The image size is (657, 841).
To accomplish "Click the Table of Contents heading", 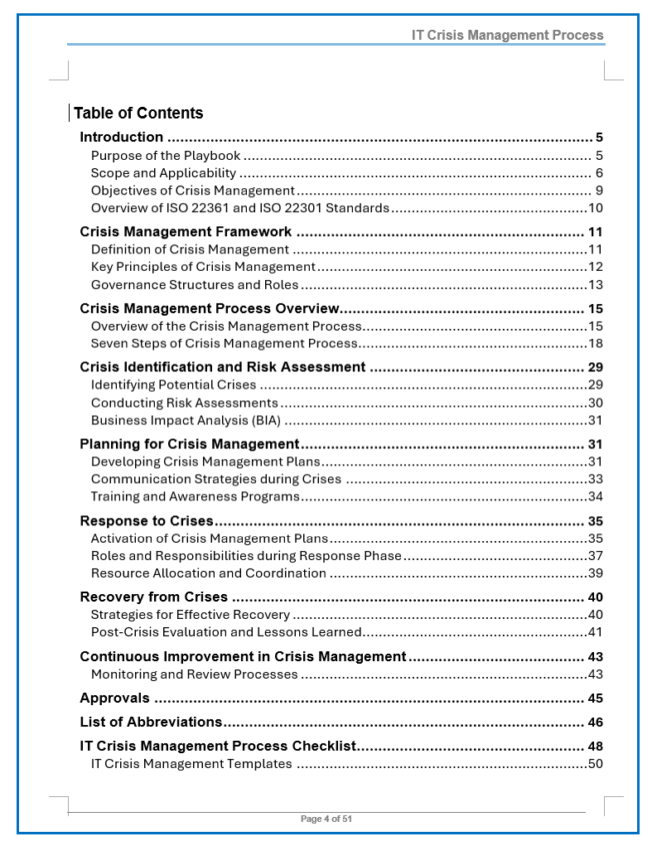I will (x=138, y=114).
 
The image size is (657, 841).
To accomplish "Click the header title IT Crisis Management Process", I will (x=508, y=36).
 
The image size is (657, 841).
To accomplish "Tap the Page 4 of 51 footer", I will (x=326, y=819).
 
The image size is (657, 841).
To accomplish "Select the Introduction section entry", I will (x=122, y=138).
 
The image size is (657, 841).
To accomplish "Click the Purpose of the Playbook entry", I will (x=166, y=156).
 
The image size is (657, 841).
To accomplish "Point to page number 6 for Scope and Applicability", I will (x=598, y=173).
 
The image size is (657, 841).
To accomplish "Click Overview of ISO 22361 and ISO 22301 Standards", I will (x=239, y=208).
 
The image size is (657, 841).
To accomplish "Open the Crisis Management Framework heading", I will (x=186, y=232).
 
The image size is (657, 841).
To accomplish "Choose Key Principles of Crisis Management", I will (x=203, y=267).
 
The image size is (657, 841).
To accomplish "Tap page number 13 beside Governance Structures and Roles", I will (x=595, y=285).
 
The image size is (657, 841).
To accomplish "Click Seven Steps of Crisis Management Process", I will (x=224, y=343).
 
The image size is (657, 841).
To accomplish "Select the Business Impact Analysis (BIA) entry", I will (x=186, y=420).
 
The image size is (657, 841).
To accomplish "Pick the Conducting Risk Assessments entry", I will (x=184, y=403).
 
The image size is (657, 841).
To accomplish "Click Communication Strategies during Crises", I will (x=215, y=479).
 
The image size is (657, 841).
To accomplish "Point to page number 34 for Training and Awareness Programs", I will (x=595, y=496).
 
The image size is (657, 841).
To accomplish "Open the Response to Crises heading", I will (x=147, y=521).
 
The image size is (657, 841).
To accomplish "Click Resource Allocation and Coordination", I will (x=208, y=573).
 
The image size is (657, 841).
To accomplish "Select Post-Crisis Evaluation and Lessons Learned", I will (x=226, y=632).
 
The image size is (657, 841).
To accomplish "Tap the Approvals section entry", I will (x=115, y=698).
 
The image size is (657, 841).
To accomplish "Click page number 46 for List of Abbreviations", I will (x=595, y=723).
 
